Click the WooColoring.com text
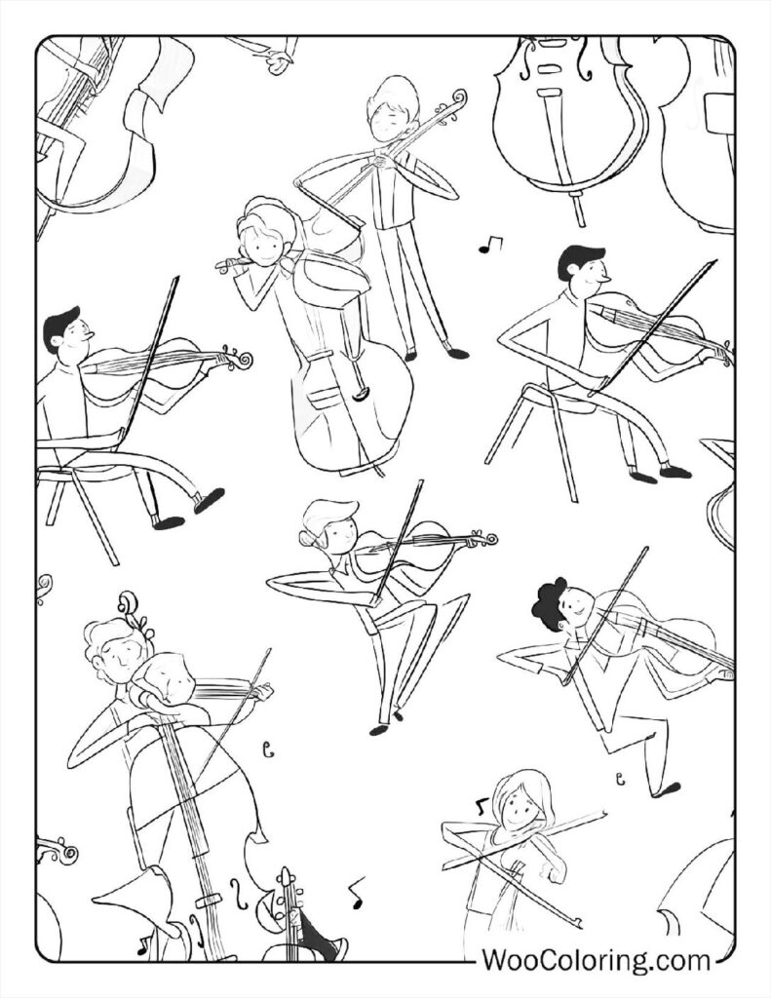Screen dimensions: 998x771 point(596,960)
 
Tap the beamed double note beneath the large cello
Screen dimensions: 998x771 point(489,244)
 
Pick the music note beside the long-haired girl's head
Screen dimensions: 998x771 point(480,806)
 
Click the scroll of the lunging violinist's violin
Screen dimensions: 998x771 point(484,538)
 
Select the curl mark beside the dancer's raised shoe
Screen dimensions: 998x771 point(620,777)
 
